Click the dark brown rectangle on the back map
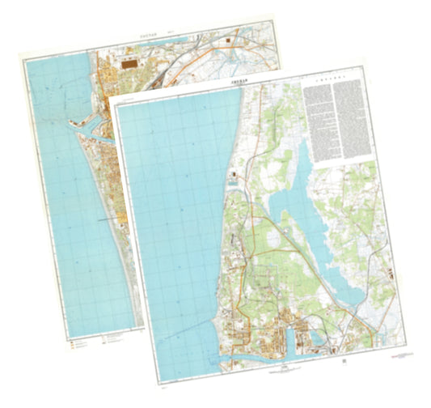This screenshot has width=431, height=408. click(128, 61)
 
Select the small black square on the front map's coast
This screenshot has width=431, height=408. click(233, 174)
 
